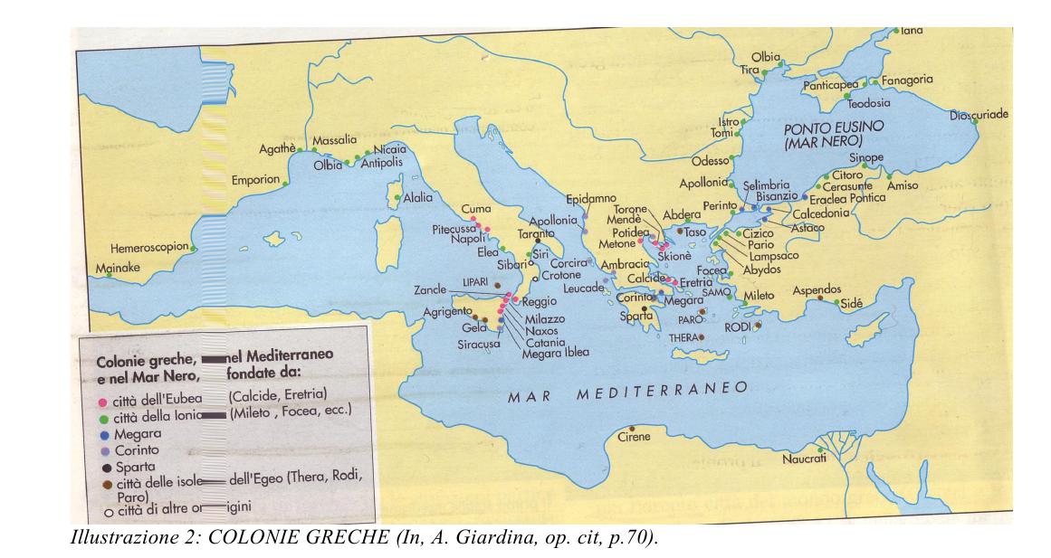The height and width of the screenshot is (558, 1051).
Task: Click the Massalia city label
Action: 334,141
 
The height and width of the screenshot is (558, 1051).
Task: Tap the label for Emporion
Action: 254,179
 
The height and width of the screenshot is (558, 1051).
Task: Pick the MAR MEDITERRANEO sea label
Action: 626,393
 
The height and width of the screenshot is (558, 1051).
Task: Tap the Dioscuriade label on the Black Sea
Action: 979,115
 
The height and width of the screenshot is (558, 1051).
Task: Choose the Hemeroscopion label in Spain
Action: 149,246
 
